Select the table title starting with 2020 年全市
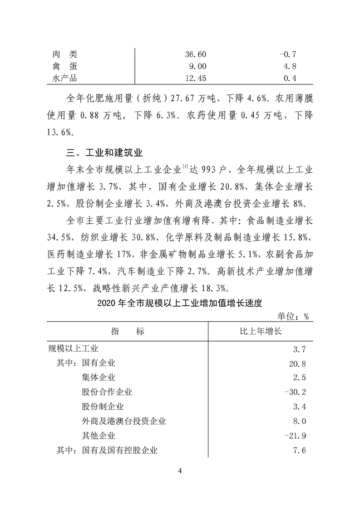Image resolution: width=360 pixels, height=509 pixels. [180, 303]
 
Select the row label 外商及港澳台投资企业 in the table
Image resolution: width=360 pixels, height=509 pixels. [124, 421]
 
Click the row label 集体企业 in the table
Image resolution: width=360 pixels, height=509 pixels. [99, 377]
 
